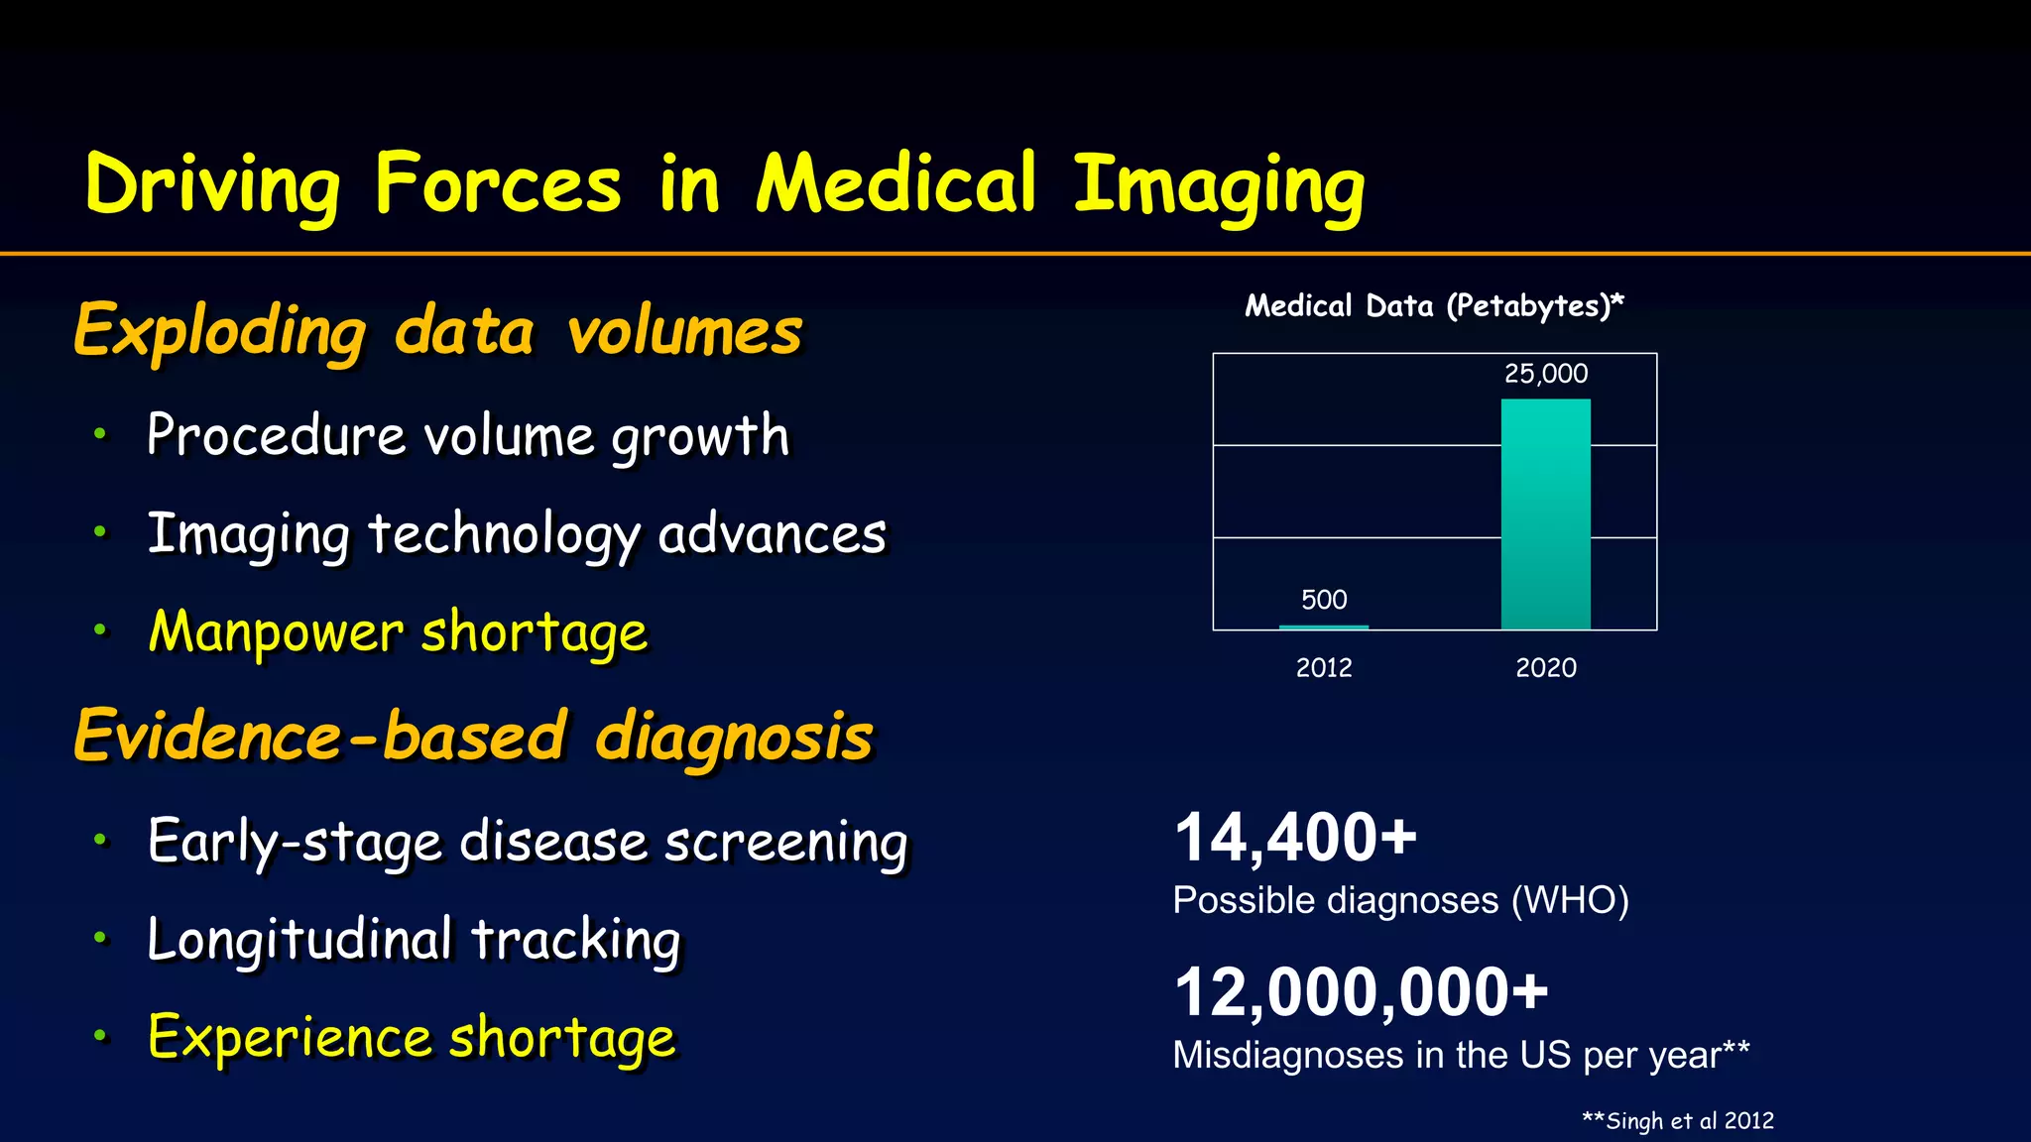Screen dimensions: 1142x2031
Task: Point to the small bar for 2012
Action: click(1324, 627)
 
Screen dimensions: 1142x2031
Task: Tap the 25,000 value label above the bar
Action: click(1545, 374)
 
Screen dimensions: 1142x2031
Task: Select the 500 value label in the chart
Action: click(1324, 600)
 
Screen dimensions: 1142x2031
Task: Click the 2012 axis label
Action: click(1324, 667)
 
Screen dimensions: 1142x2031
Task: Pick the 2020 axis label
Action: click(1545, 667)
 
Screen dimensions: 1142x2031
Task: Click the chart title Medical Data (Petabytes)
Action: click(1434, 305)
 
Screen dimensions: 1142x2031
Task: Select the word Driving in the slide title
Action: click(212, 184)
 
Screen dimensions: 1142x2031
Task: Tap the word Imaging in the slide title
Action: click(1219, 186)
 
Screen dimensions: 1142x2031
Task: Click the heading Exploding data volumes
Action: click(437, 330)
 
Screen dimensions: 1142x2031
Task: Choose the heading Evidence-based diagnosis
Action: click(473, 737)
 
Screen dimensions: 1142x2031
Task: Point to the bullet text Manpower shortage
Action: click(398, 631)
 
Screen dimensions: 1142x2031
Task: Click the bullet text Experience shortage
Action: click(412, 1038)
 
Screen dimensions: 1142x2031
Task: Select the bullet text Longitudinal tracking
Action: click(414, 939)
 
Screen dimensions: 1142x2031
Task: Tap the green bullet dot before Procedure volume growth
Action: click(99, 433)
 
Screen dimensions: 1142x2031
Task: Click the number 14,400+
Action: click(1295, 838)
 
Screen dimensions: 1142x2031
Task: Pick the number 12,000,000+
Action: click(1361, 992)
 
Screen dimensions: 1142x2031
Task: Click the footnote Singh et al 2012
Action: click(1678, 1121)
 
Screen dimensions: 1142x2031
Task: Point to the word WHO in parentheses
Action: click(1570, 901)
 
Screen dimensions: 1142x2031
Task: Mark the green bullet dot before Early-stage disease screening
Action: click(99, 840)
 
